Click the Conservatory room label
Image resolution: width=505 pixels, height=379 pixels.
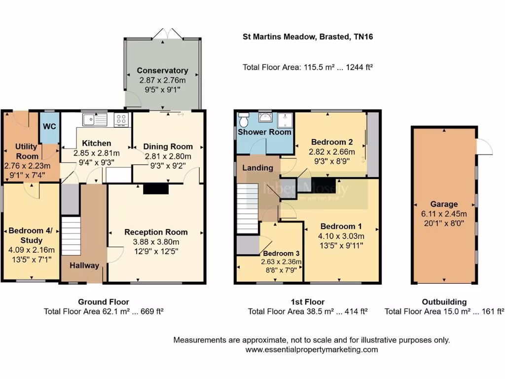pos(162,71)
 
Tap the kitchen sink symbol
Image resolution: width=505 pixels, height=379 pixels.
pos(95,119)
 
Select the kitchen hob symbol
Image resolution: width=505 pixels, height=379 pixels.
pos(121,119)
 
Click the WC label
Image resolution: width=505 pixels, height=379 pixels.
pos(49,126)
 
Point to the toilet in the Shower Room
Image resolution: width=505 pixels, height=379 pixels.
pos(243,120)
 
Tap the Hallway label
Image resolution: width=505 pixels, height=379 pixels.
pos(84,265)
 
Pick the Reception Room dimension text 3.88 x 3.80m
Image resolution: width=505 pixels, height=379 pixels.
pos(156,242)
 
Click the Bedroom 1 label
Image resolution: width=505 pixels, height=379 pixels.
pos(341,227)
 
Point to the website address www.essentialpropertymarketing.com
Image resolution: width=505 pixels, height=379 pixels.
pos(312,349)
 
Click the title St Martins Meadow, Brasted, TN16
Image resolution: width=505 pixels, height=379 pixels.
pos(310,37)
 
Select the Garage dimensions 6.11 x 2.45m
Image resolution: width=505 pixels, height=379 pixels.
pos(444,213)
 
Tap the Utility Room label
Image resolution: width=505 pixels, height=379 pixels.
pos(27,152)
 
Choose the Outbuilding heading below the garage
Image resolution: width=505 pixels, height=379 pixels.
pos(444,302)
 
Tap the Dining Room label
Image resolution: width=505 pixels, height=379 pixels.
pos(168,147)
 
